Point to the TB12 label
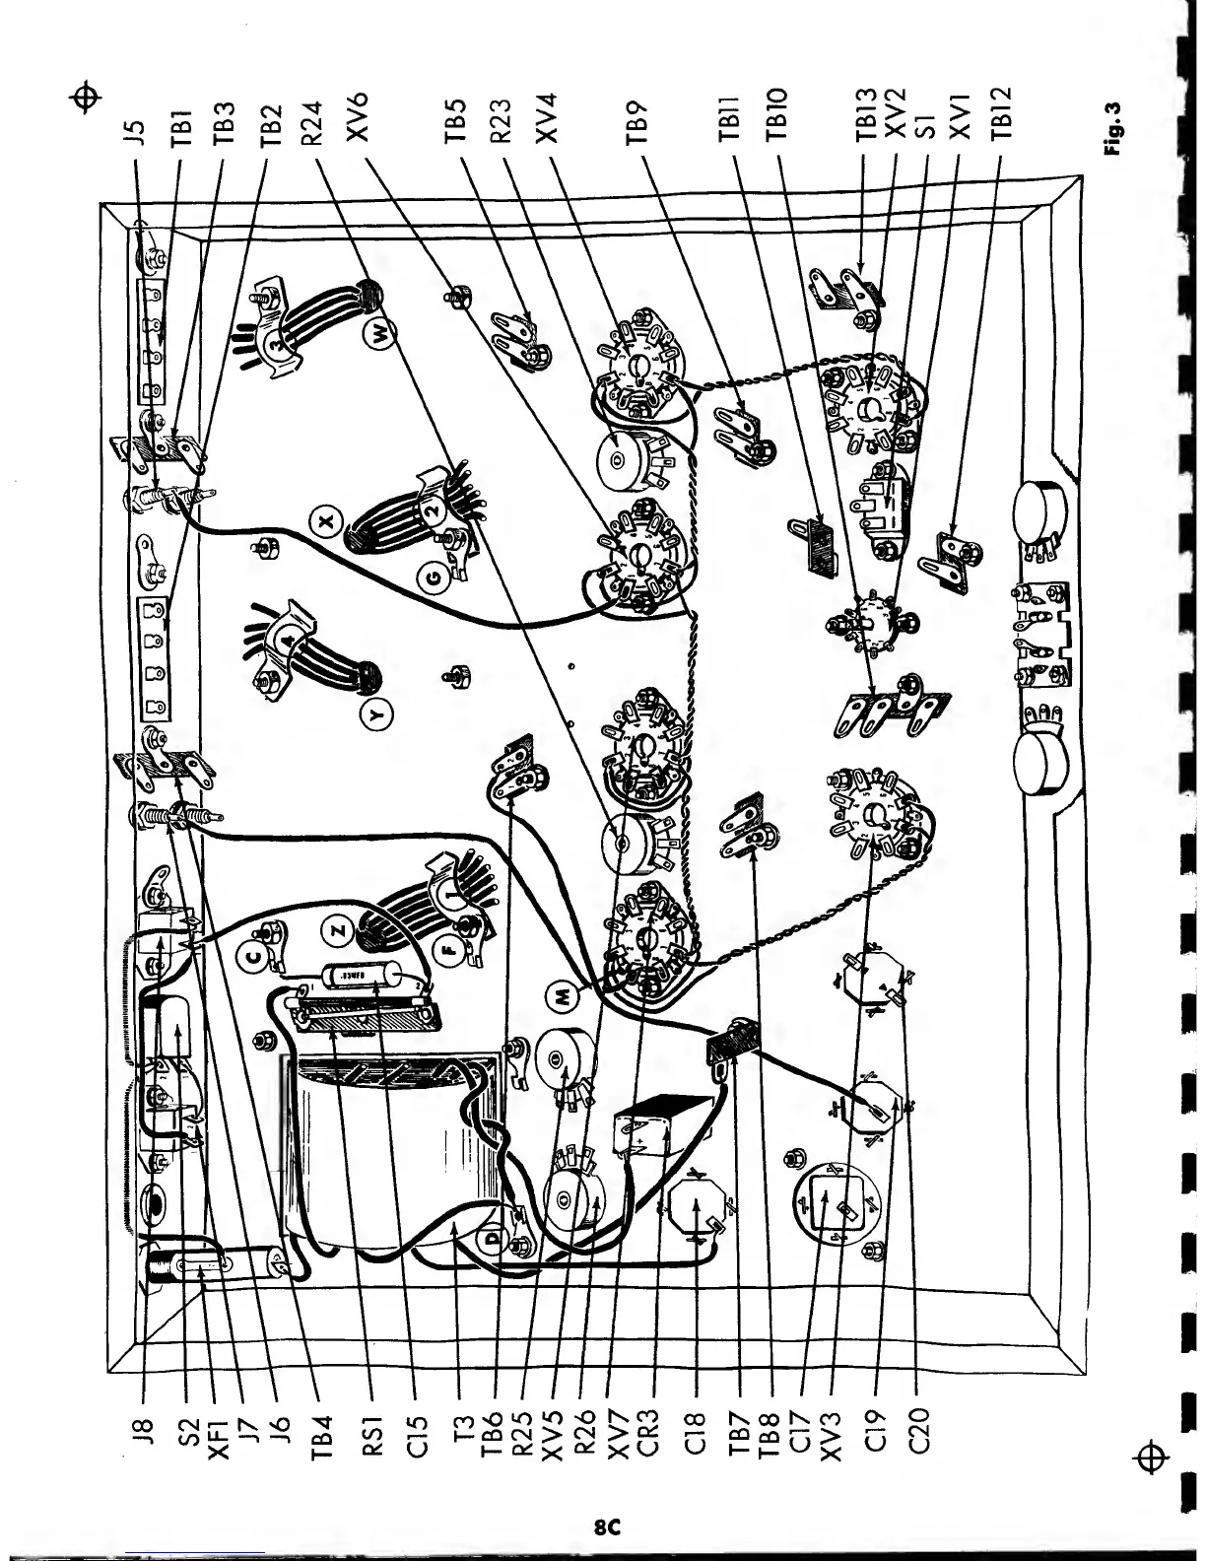(x=1004, y=116)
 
